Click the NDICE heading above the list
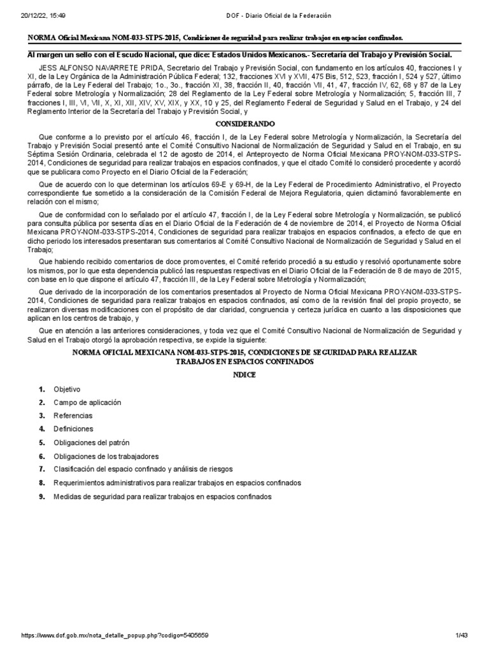pos(244,375)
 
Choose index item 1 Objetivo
pos(67,389)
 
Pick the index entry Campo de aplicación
pos(87,402)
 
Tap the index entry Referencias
pos(73,416)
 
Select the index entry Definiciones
pos(73,429)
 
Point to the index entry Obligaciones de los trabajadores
pos(106,457)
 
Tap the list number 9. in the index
pos(42,496)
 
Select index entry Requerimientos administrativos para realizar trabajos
pos(177,483)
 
